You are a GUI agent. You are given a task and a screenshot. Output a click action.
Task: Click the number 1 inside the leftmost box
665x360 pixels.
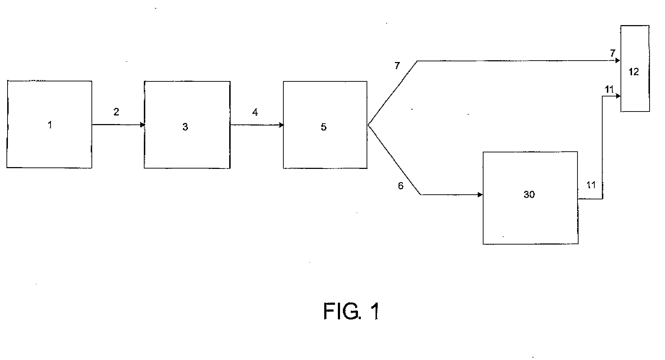point(50,125)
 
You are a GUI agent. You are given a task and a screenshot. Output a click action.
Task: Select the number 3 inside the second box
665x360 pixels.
point(185,127)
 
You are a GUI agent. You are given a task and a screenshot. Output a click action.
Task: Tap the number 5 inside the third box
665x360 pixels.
point(324,127)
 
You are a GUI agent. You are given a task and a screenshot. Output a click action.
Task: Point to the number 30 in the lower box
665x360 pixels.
point(529,194)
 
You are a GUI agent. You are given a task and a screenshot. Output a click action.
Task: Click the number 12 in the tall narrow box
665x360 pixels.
point(634,72)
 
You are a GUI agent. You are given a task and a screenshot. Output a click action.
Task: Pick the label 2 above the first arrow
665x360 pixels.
point(116,112)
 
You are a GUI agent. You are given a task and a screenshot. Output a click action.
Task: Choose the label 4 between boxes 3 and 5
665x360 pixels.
point(255,113)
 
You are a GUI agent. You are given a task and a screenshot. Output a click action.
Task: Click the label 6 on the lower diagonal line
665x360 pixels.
point(401,186)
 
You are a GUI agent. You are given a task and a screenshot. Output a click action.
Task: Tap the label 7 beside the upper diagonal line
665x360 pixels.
point(397,66)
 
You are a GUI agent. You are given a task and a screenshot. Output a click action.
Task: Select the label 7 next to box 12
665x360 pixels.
point(613,53)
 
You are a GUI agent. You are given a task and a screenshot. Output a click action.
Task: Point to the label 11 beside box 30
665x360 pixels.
point(591,185)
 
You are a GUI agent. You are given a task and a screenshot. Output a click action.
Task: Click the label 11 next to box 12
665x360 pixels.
point(609,89)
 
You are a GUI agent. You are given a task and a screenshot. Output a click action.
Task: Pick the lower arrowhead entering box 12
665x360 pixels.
point(618,96)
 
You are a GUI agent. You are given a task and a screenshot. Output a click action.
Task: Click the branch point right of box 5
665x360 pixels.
point(368,125)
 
